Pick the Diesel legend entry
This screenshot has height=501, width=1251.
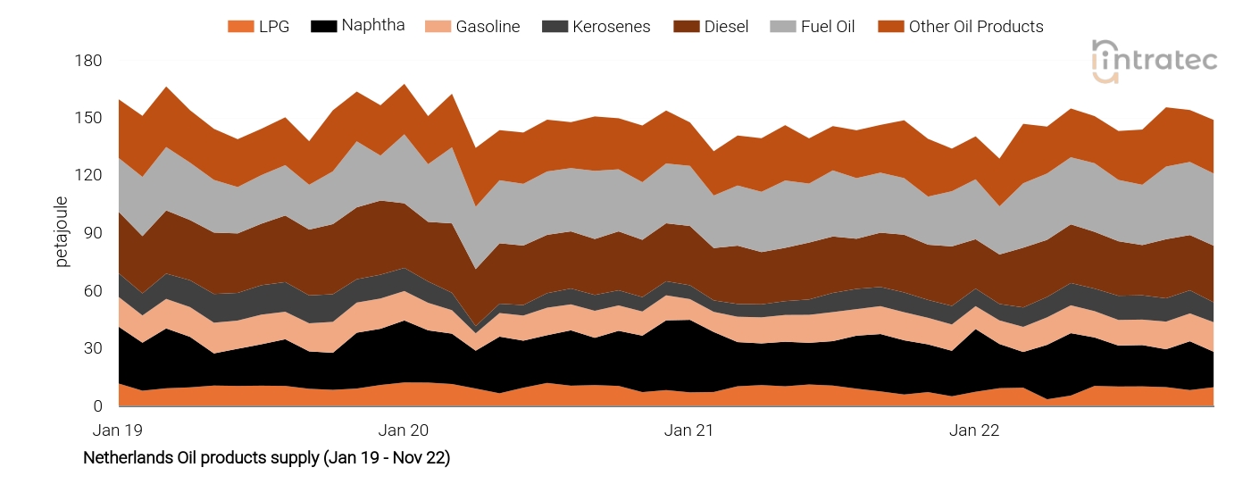tap(710, 27)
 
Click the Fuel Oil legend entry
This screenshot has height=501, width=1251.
tap(812, 27)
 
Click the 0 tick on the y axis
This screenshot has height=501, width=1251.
tap(98, 406)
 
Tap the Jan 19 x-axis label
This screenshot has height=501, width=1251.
tap(118, 430)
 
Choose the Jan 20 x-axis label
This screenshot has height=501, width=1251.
tap(404, 430)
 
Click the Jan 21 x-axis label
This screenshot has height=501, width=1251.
tap(689, 430)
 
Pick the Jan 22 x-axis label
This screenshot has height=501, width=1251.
tap(975, 430)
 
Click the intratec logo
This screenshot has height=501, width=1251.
tap(1155, 61)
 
